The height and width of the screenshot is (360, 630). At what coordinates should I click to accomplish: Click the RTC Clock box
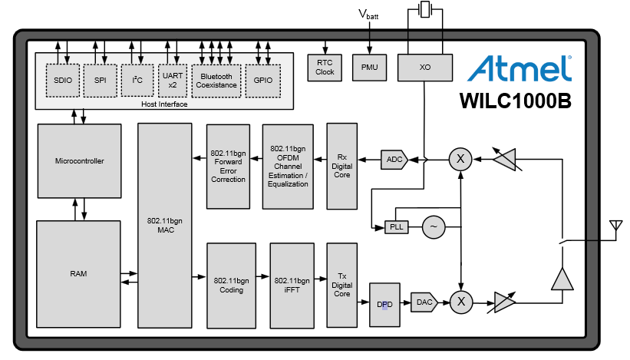pos(325,68)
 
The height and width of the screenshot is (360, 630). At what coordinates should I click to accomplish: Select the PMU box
pos(370,68)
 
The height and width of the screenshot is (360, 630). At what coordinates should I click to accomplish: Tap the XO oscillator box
pos(425,68)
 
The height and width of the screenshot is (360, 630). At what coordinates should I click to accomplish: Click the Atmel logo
pos(521,68)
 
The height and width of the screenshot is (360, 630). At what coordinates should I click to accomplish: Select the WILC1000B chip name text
pos(515,101)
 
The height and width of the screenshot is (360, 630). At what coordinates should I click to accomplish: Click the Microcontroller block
pos(79,161)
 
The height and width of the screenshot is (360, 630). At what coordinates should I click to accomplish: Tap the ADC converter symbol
pos(394,160)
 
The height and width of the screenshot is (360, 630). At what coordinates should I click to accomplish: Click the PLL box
pos(396,227)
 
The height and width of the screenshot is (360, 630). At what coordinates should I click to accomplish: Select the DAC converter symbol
pos(423,302)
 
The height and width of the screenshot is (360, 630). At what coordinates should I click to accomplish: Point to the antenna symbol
pos(614,229)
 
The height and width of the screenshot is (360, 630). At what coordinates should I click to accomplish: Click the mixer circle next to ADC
pos(460,159)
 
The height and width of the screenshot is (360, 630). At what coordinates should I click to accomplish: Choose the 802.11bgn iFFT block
pos(292,285)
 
